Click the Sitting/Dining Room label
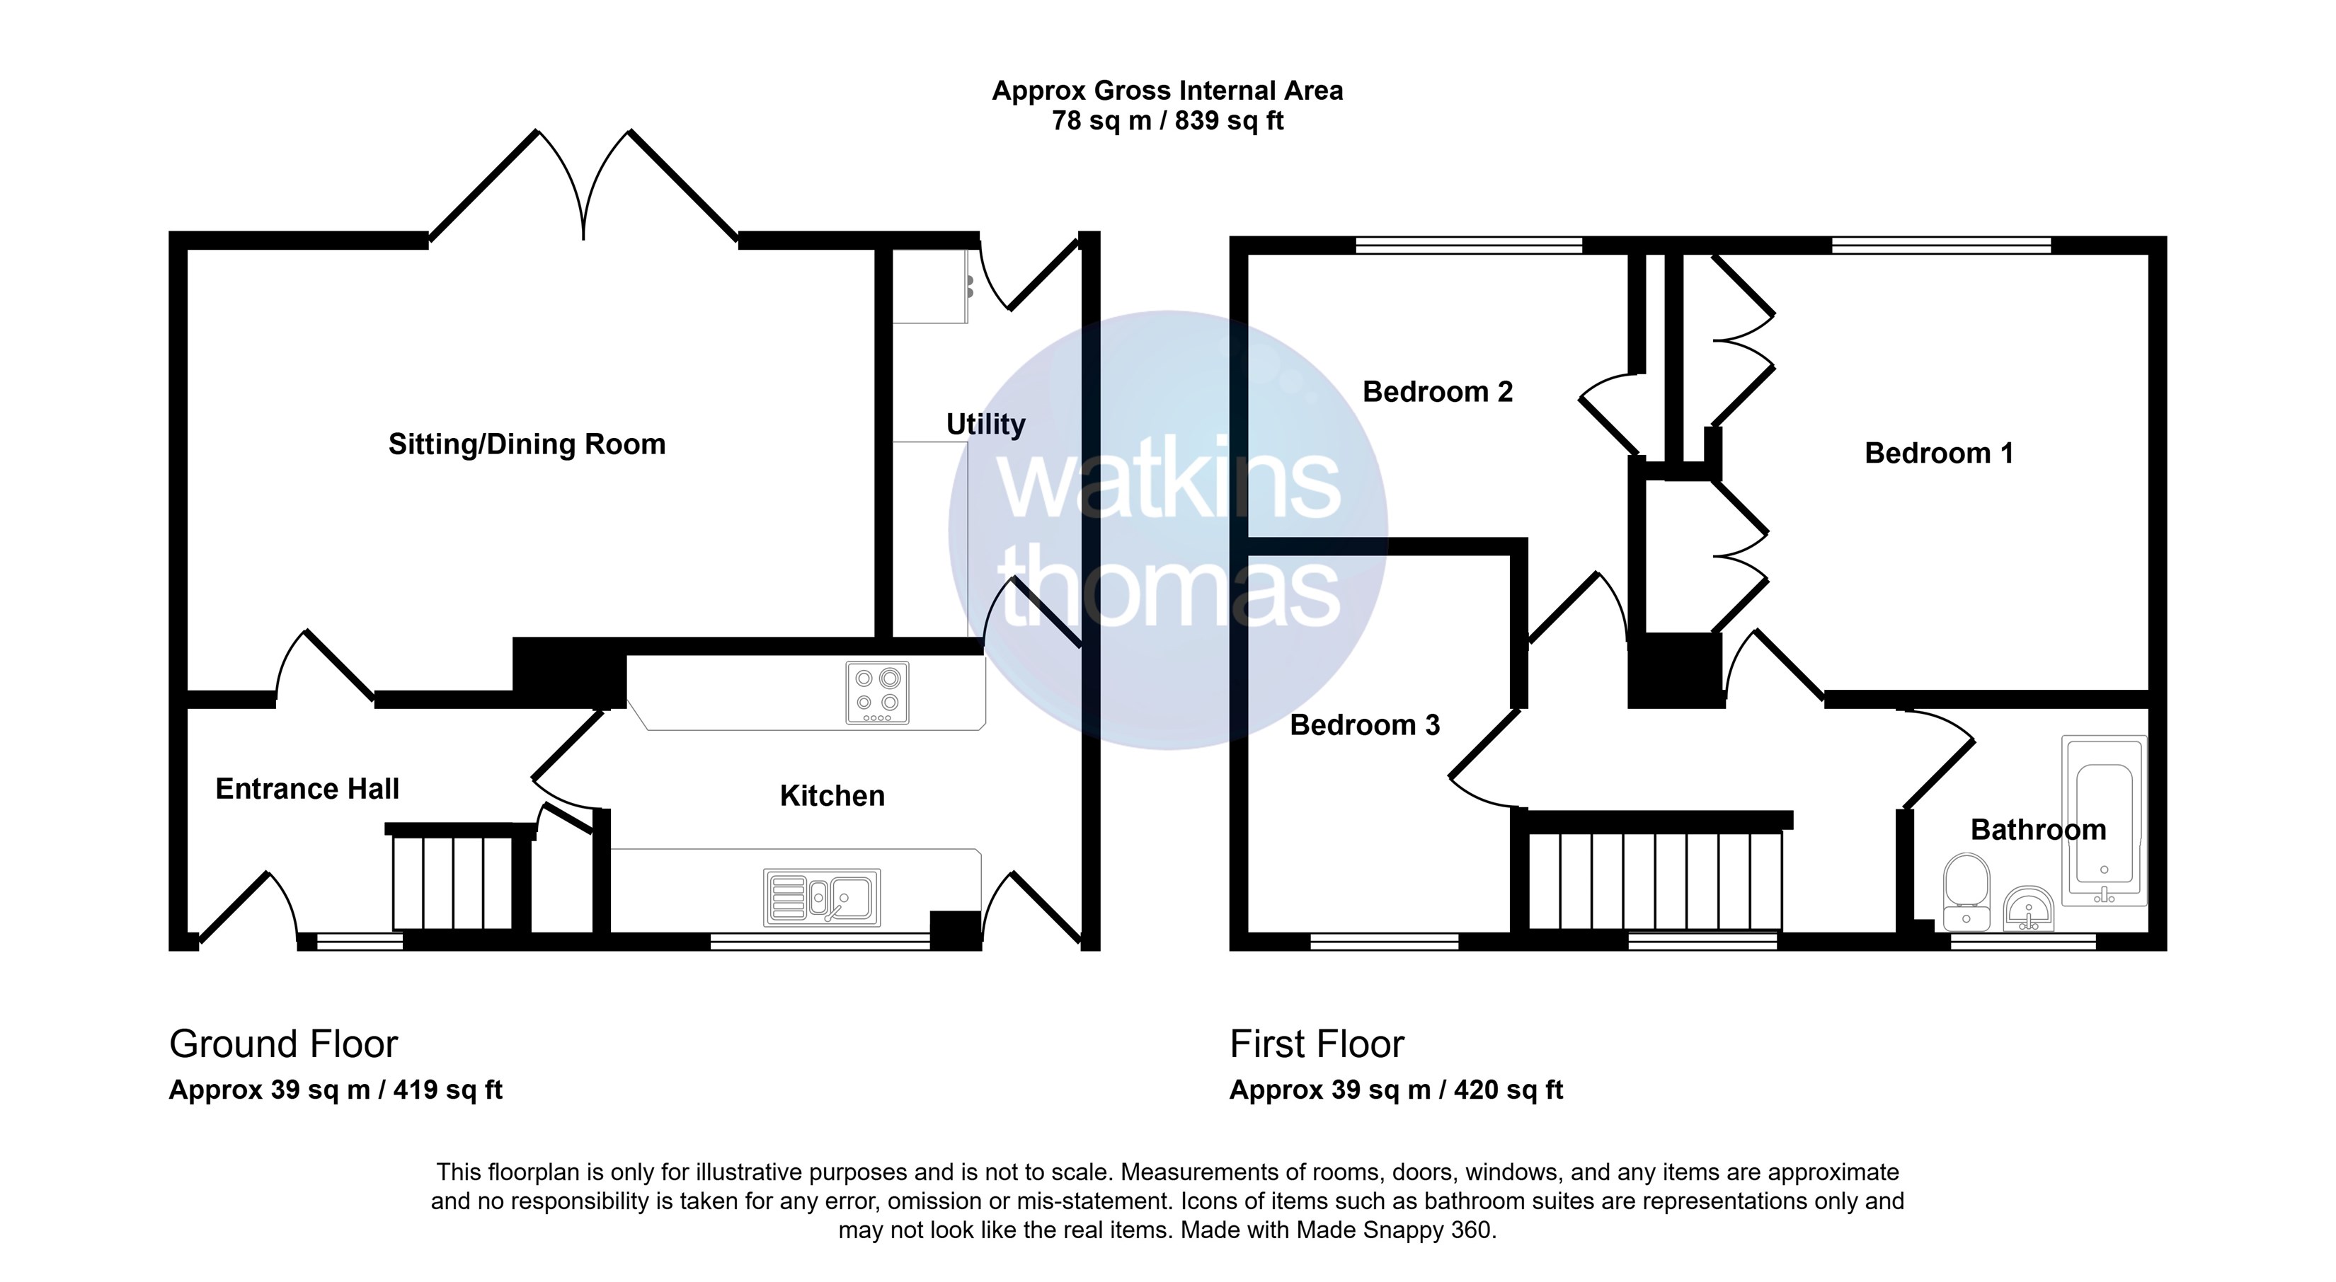click(x=527, y=444)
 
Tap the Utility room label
click(x=986, y=425)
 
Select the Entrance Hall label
click(x=307, y=789)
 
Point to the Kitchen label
click(x=832, y=796)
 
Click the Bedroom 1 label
click(x=1939, y=454)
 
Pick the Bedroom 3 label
click(x=1365, y=725)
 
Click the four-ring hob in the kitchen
click(x=877, y=693)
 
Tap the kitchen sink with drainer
click(x=823, y=898)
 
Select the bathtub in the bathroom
click(x=2104, y=821)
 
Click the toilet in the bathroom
click(x=1967, y=892)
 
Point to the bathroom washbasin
click(x=2029, y=908)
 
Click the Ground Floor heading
click(x=283, y=1044)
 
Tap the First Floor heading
click(x=1317, y=1044)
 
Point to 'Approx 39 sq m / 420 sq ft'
click(x=1397, y=1090)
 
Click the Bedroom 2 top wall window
click(x=1469, y=244)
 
